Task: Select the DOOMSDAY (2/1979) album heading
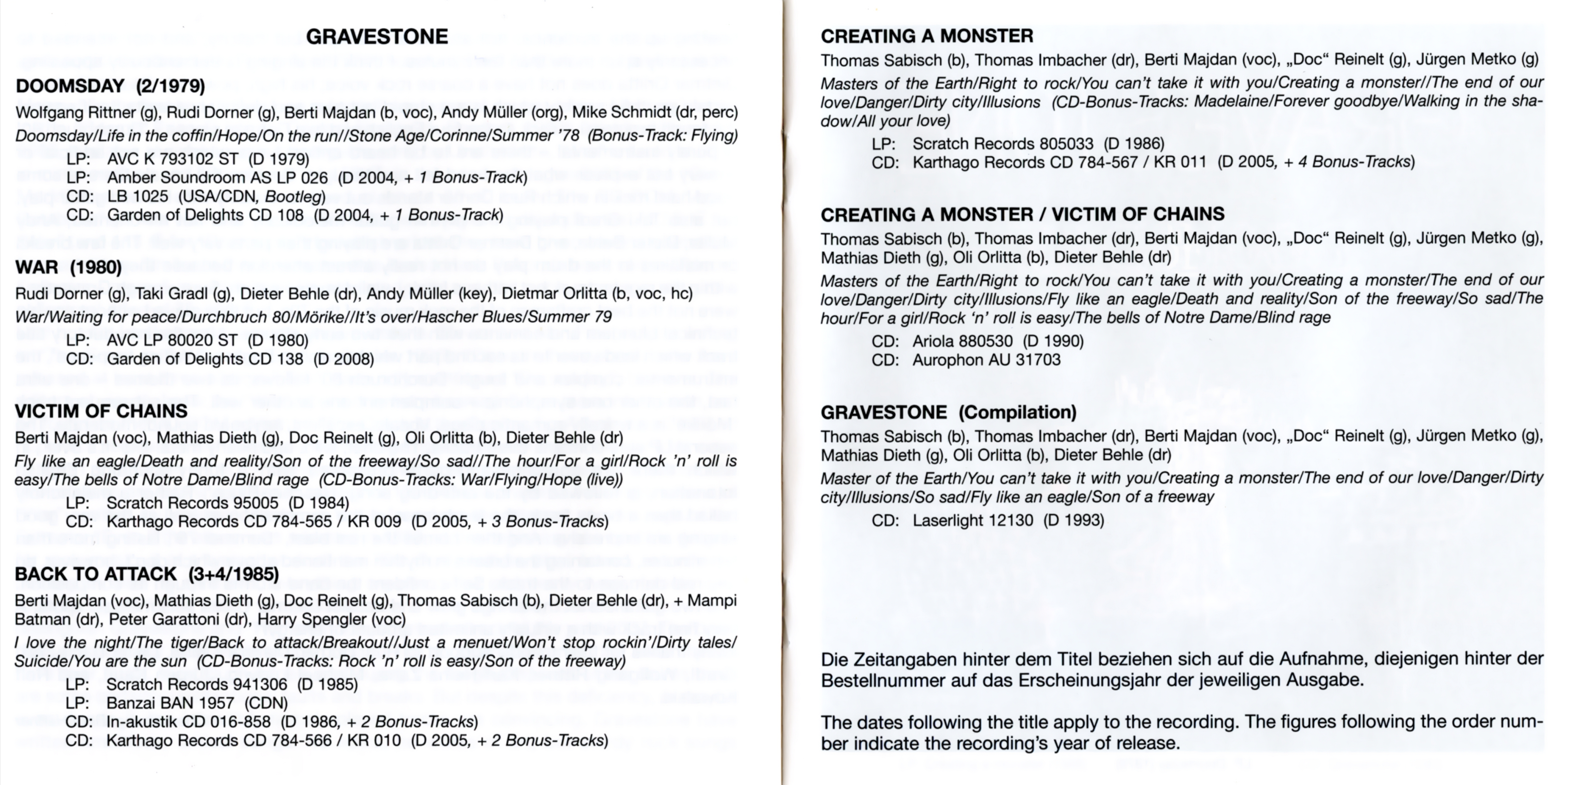click(110, 86)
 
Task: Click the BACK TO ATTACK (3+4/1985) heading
click(147, 574)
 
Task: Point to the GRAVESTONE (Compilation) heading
click(948, 413)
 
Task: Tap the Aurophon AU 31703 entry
click(986, 360)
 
